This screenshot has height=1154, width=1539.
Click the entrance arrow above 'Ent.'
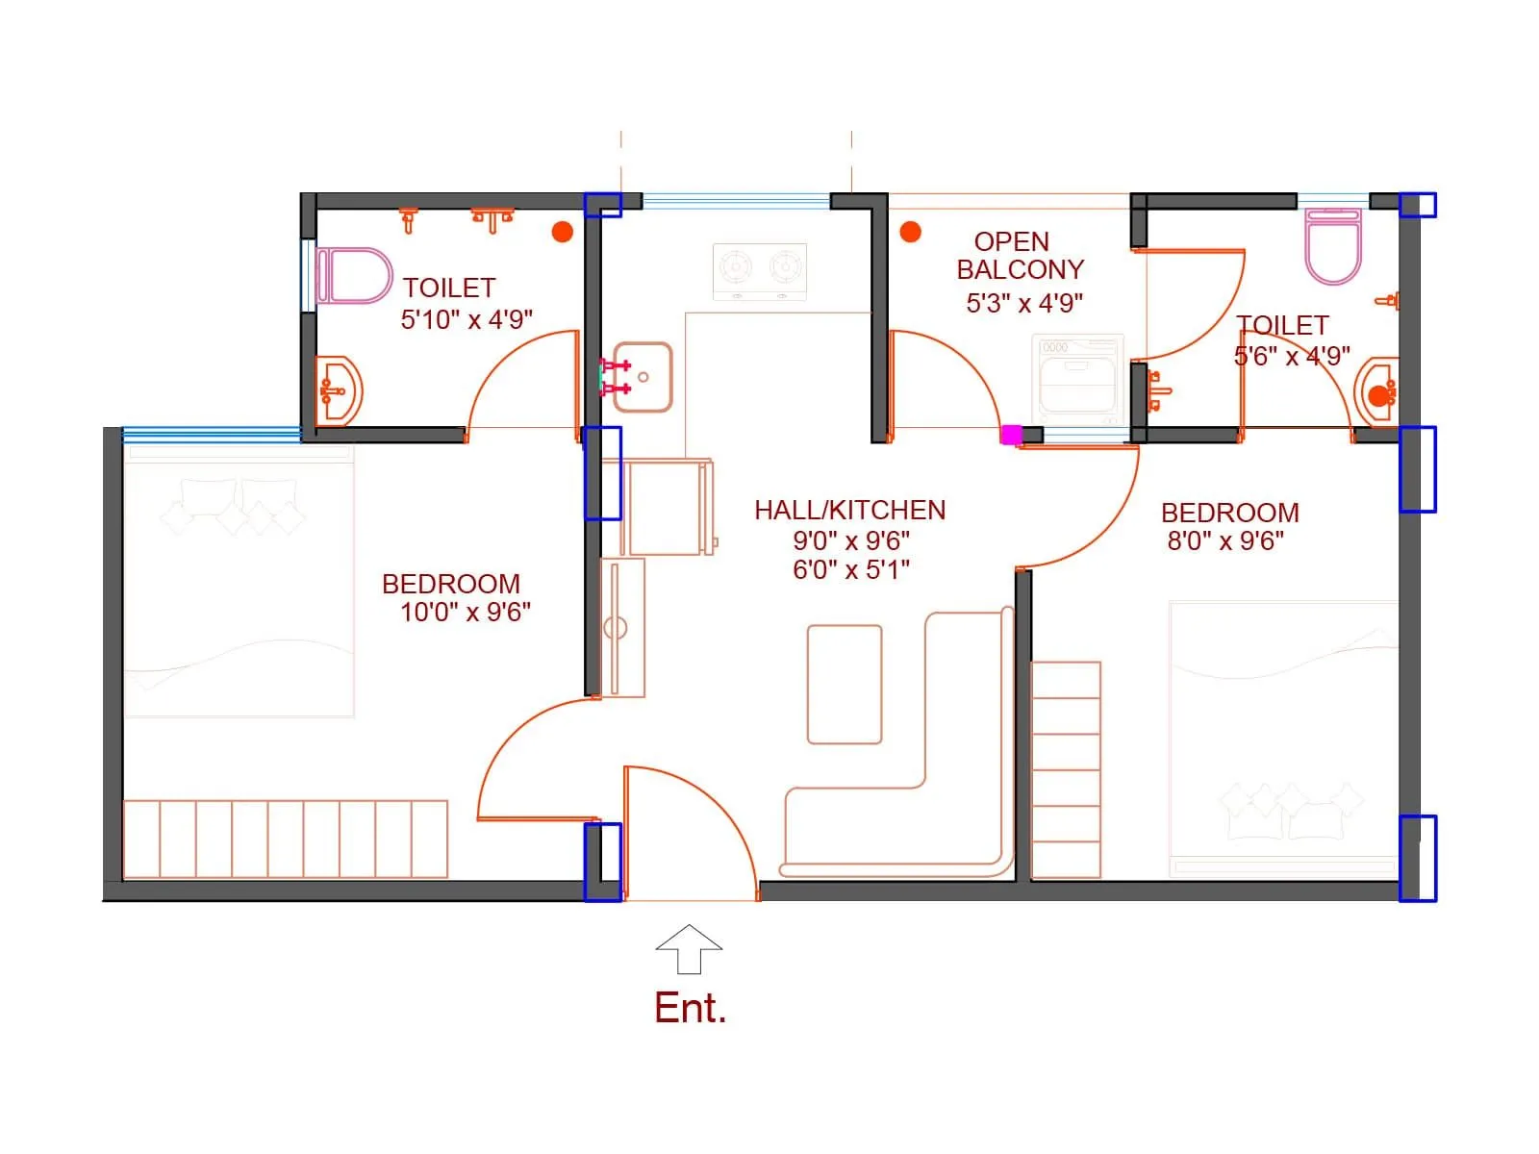[x=689, y=948]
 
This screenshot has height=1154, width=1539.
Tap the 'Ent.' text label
[x=690, y=1008]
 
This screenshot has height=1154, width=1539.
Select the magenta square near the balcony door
[x=1011, y=435]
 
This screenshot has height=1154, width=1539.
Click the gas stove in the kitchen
[x=760, y=271]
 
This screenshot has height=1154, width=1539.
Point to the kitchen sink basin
[x=643, y=377]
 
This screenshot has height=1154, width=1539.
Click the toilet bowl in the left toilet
[x=353, y=276]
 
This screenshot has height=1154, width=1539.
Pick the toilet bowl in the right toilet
[x=1333, y=246]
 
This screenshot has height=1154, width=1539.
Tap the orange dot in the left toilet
[x=563, y=232]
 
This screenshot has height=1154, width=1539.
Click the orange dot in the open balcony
[x=910, y=232]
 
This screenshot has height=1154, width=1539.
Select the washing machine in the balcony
[x=1078, y=379]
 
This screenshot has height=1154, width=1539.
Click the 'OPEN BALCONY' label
[x=1019, y=256]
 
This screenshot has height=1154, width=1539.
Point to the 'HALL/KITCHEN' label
[x=849, y=510]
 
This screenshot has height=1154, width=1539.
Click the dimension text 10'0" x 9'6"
[x=466, y=612]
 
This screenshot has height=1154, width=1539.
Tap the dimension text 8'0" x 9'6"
[x=1225, y=540]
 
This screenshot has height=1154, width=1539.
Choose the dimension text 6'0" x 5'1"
[x=851, y=569]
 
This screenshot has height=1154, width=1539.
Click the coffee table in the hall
[x=845, y=684]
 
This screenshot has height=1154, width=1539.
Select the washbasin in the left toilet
[x=339, y=390]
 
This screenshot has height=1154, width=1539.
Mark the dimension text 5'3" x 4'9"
[x=1024, y=303]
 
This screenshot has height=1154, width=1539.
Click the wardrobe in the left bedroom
[x=286, y=839]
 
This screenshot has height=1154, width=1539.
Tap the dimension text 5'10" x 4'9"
[x=467, y=319]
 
